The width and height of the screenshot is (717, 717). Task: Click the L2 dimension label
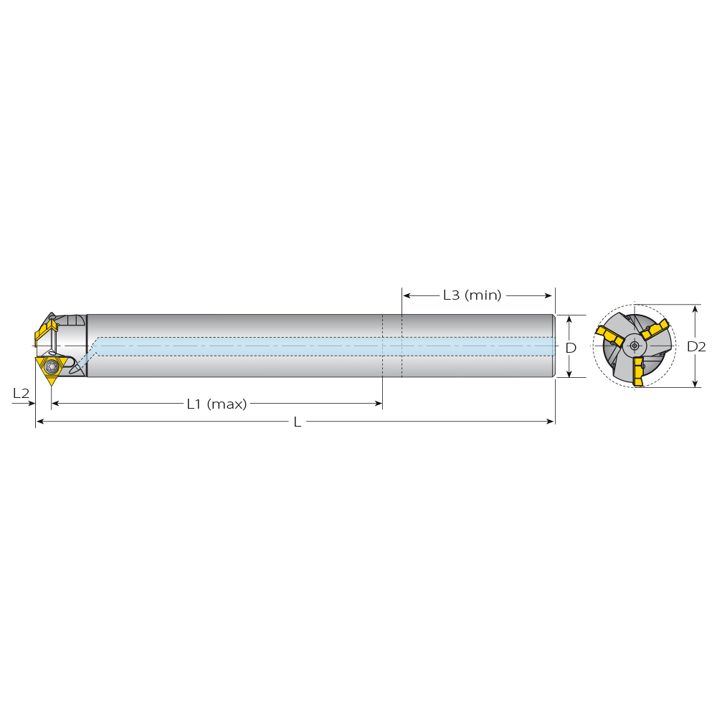21,393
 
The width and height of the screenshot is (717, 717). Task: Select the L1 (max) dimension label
217,404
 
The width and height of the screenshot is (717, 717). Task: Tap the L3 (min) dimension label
473,295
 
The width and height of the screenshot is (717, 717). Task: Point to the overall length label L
298,422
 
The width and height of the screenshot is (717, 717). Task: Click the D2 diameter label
696,346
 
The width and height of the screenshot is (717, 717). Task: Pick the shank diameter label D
571,348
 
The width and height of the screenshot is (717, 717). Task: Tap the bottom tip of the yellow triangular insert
52,385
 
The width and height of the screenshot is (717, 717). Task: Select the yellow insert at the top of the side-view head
46,327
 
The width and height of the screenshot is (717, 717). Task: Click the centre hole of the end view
635,346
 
